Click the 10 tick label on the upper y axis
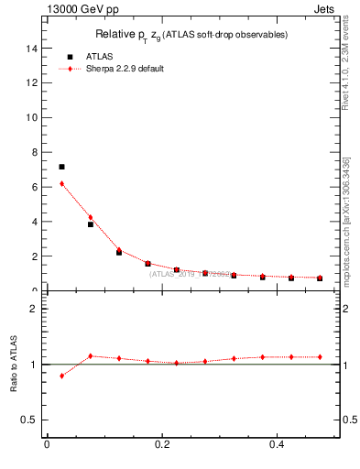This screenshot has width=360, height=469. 33,117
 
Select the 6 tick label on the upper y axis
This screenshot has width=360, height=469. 35,187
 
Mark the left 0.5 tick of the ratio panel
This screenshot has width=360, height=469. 31,420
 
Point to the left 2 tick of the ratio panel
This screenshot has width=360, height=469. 35,309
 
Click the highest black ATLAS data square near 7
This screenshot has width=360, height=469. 61,167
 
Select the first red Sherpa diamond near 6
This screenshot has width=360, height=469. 61,183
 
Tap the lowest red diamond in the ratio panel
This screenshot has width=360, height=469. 61,376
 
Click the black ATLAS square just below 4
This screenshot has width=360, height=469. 90,224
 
